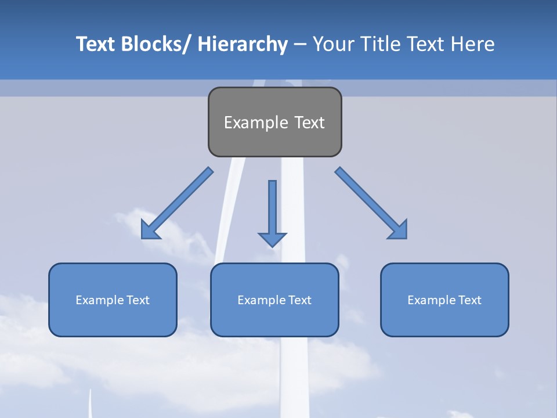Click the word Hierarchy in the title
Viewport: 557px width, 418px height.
pyautogui.click(x=243, y=44)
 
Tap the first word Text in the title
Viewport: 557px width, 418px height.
pyautogui.click(x=96, y=44)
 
